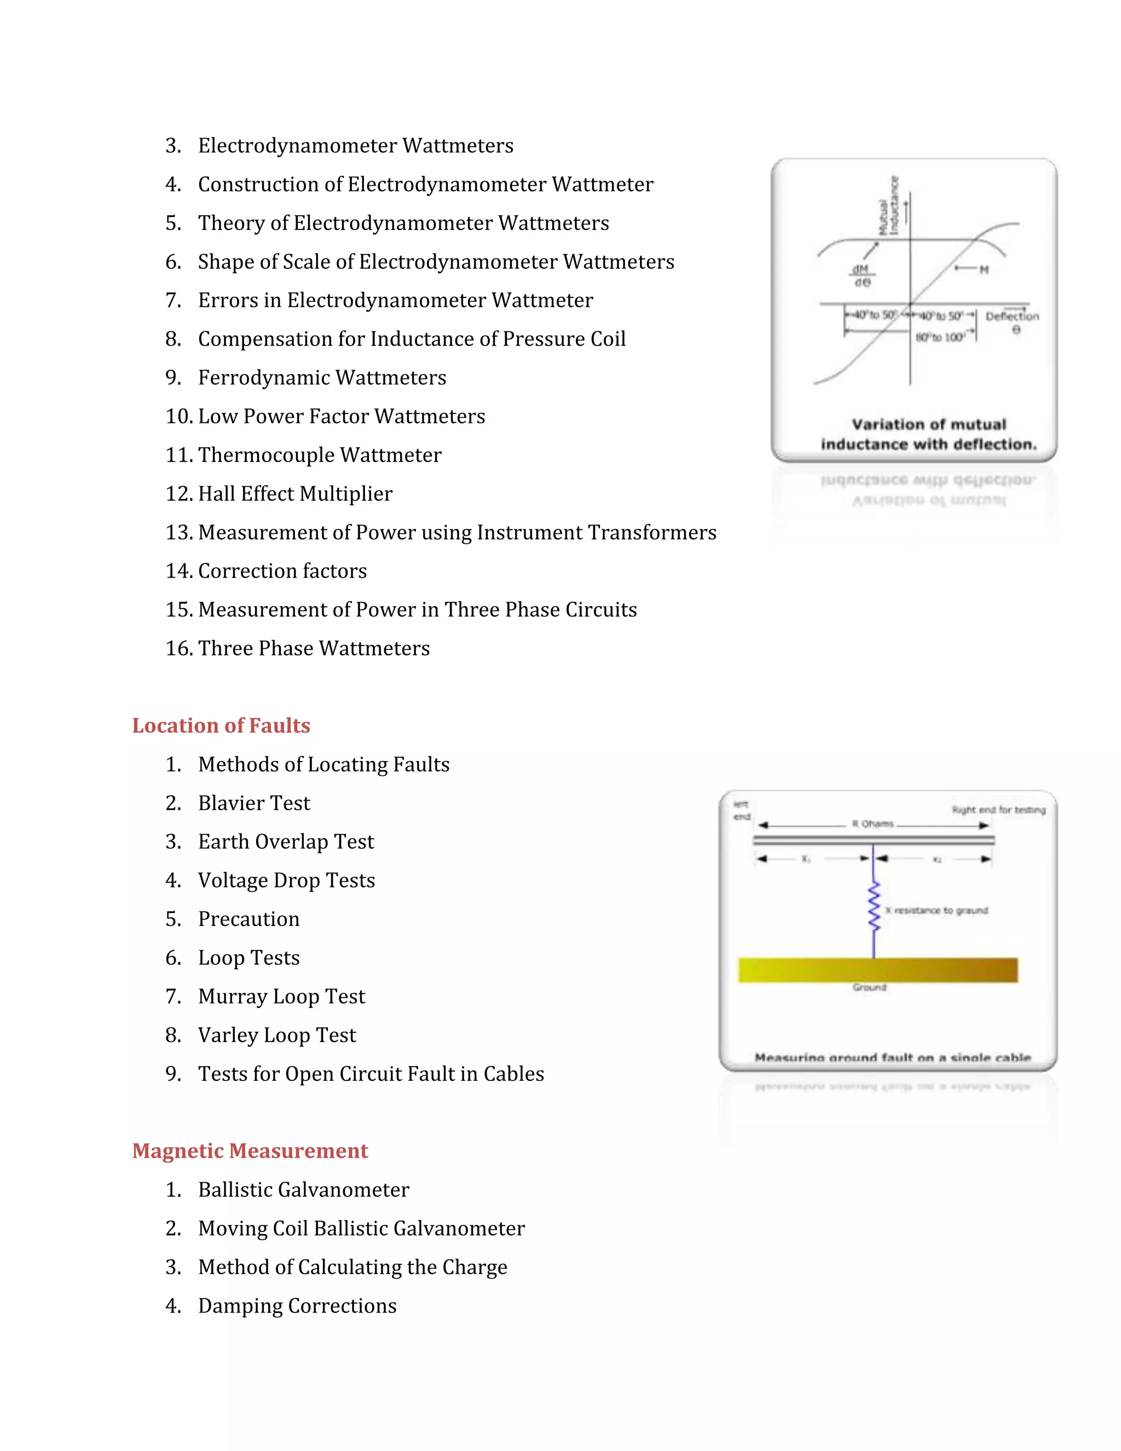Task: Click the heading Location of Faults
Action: [x=221, y=725]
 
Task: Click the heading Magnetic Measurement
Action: [x=250, y=1151]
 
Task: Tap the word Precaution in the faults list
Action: [x=249, y=919]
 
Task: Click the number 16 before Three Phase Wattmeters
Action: [x=178, y=648]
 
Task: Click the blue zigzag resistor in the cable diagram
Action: [x=874, y=907]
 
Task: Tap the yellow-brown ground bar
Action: [x=877, y=970]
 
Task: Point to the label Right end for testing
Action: [x=998, y=810]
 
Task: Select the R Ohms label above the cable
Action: [x=872, y=824]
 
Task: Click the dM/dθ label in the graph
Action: [x=862, y=275]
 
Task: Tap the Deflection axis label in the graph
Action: [x=1012, y=317]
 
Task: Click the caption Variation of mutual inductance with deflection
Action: [x=928, y=434]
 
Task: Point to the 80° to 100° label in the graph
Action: [x=940, y=337]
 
